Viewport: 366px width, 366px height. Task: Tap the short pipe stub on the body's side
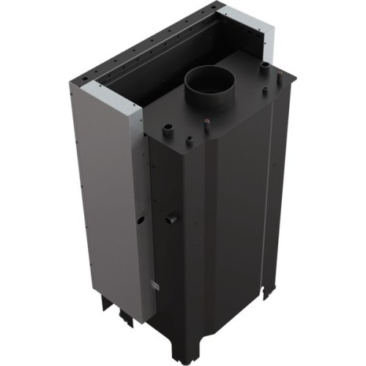173,217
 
